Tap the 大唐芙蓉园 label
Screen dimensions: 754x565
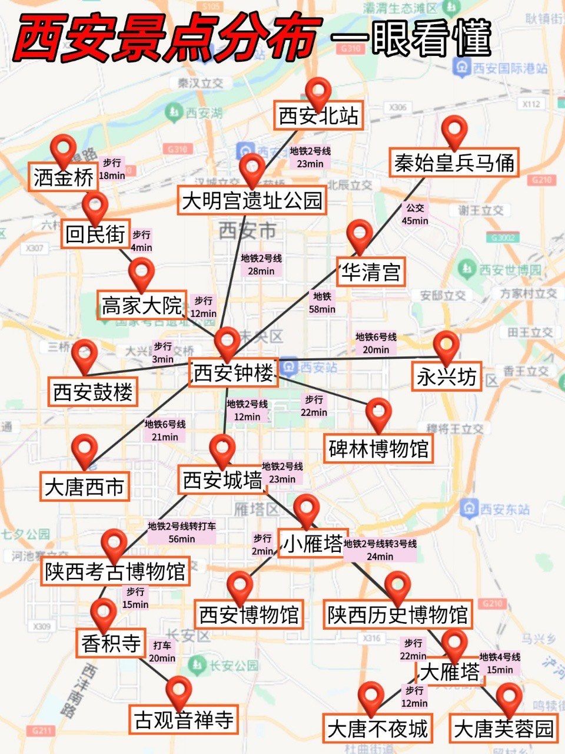504,729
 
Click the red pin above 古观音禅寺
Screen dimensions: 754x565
179,690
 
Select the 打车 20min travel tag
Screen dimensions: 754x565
162,652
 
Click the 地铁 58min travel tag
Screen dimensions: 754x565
323,303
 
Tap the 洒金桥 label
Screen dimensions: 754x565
64,177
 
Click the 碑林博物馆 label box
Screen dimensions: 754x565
379,449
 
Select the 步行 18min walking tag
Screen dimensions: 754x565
112,169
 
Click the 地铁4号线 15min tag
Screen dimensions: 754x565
500,663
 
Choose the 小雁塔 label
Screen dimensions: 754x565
313,544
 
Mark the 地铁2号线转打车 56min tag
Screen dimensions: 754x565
182,532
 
